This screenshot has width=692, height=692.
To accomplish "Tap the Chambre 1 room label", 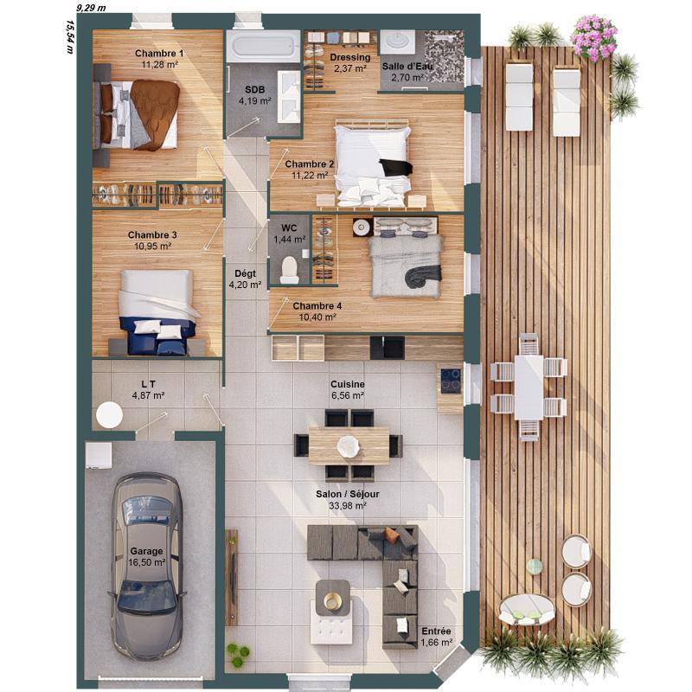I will point(159,53).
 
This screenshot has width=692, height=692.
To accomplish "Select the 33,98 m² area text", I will point(348,506).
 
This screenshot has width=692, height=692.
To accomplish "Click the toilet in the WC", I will point(289,271).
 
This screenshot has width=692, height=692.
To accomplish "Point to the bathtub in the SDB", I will point(262,46).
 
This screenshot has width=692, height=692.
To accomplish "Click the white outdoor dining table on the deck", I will point(528,387).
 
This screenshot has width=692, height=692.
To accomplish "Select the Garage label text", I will point(146,551).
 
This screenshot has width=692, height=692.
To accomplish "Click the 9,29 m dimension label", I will point(91,7).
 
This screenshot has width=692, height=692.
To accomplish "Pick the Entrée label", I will point(435,631).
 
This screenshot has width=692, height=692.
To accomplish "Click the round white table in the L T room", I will point(110,415).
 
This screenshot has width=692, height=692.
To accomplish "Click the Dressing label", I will point(349,57).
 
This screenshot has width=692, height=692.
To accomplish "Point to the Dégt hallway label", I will point(245,273).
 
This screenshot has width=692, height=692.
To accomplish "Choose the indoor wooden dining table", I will point(349,445).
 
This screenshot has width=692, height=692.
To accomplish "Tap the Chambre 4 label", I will point(317,306).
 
